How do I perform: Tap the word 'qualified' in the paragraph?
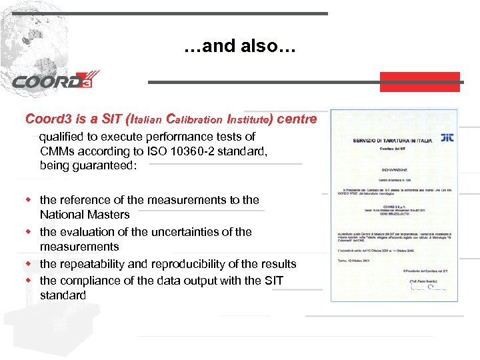click(x=61, y=137)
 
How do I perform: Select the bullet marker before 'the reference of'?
click(x=29, y=199)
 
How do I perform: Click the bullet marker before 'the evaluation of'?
click(x=29, y=232)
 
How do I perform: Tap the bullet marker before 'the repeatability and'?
click(x=29, y=264)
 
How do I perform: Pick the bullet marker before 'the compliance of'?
click(x=29, y=281)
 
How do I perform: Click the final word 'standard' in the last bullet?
click(x=63, y=295)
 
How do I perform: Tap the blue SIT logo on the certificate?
click(x=447, y=137)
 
